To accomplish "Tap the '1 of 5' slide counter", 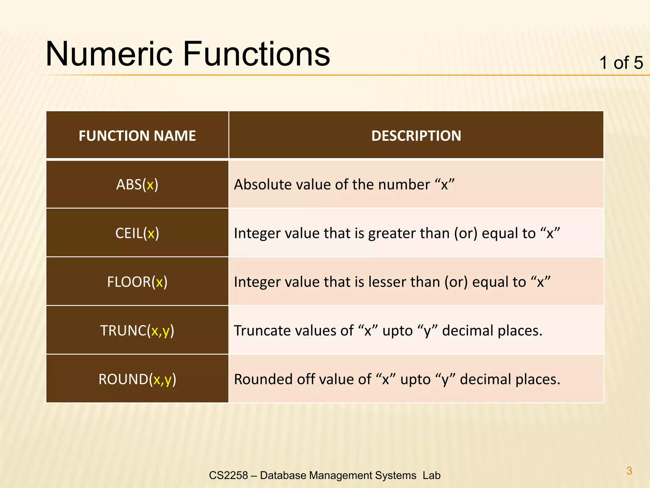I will (621, 63).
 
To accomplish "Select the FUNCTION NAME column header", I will (137, 136).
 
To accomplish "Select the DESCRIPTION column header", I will (416, 136).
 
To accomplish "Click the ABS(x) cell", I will (137, 185).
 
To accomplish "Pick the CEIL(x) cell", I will (137, 233).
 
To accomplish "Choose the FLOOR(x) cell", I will (137, 282).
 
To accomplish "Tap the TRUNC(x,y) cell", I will (137, 331).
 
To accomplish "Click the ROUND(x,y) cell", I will (137, 379).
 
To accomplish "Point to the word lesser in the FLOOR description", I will (386, 282).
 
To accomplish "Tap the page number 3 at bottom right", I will (629, 471).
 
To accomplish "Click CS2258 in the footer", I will (228, 475).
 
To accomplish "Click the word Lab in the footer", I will (431, 475).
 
